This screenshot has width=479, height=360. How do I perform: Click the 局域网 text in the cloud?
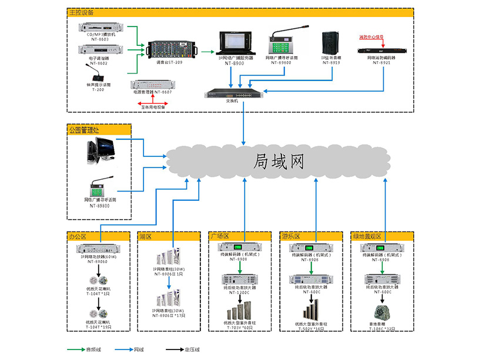tap(279, 162)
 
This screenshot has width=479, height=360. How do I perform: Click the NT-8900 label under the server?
tap(235, 62)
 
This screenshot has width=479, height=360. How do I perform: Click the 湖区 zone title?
tap(145, 237)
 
